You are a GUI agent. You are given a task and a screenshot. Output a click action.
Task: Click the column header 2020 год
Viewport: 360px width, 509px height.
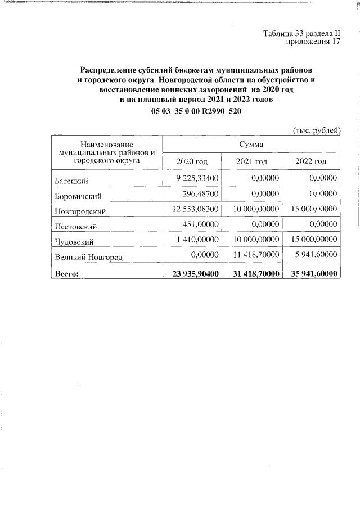pos(192,161)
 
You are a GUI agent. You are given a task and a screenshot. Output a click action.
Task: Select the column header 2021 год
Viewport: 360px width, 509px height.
pos(251,161)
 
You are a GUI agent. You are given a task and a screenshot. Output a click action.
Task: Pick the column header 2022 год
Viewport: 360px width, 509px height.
pos(311,161)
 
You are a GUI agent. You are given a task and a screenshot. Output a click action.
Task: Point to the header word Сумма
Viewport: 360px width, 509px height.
pos(251,145)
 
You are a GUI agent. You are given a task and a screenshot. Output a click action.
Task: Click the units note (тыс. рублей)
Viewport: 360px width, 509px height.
pos(317,130)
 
